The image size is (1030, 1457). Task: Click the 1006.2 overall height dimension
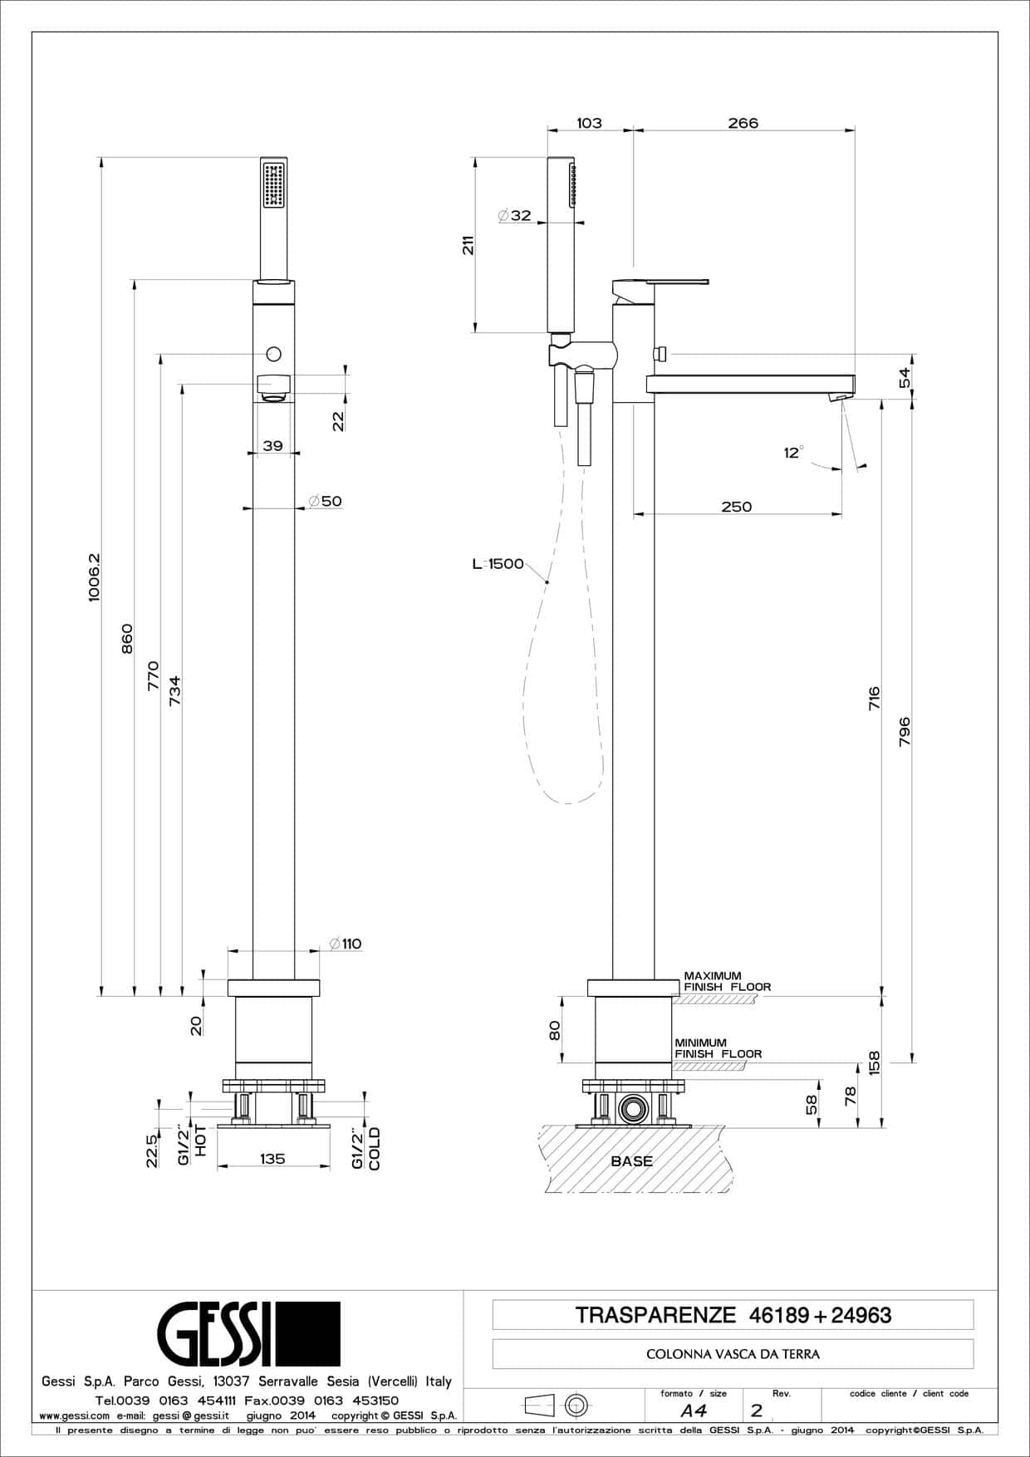(94, 577)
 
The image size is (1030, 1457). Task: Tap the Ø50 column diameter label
(325, 501)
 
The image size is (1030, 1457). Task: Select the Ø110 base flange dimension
(345, 944)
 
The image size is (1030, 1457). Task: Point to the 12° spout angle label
(794, 453)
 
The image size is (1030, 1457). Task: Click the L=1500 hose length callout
(498, 564)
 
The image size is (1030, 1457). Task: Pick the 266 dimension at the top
(743, 123)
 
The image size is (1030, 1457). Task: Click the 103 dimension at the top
(589, 123)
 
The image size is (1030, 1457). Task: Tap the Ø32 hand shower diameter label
(515, 215)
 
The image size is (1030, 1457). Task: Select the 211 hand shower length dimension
(468, 245)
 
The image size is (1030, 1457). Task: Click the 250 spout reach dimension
(737, 507)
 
